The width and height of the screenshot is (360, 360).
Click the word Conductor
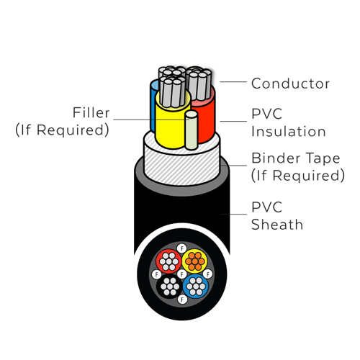(290, 84)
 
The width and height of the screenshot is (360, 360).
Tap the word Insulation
(289, 132)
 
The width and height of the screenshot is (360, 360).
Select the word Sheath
(277, 225)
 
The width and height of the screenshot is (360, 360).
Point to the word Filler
(91, 112)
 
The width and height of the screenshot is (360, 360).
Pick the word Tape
(323, 159)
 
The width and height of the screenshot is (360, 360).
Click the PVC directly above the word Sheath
(266, 207)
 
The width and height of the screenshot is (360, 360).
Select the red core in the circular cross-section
(169, 261)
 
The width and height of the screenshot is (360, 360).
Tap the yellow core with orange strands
(195, 261)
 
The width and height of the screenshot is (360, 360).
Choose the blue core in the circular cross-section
(196, 286)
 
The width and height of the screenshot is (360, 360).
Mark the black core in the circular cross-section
(169, 287)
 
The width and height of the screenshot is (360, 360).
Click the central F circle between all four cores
(182, 274)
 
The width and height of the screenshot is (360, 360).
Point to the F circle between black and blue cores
(182, 300)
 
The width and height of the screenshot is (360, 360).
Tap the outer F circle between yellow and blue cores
(208, 274)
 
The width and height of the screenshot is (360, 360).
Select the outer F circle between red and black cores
(157, 274)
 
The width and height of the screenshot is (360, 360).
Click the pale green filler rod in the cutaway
(192, 130)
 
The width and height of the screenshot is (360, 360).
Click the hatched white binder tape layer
(181, 166)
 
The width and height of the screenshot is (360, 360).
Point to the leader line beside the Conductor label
(233, 82)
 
